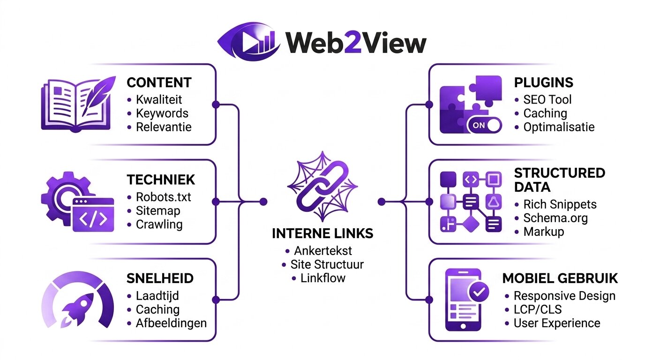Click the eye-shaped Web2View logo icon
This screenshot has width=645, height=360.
click(249, 42)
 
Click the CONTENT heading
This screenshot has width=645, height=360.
click(159, 82)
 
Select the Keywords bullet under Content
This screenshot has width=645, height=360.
click(162, 113)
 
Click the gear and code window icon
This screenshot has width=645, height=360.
click(78, 202)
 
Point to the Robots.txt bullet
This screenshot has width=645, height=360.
click(163, 197)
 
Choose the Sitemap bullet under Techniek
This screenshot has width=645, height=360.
click(158, 211)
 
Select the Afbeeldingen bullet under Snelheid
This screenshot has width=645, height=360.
click(171, 323)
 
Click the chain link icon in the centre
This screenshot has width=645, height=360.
click(322, 187)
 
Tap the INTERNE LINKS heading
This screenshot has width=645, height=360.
click(322, 233)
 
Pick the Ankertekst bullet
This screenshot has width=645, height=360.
click(322, 250)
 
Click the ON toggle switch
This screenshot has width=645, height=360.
click(484, 125)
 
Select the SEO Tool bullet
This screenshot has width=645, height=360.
click(547, 100)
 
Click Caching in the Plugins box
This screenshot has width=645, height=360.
click(545, 113)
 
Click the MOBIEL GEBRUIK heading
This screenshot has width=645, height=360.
click(560, 278)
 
